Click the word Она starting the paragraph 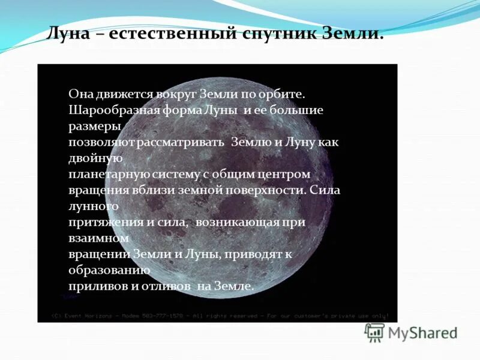(x=80, y=94)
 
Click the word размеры (x=95, y=127)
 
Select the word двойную (x=96, y=158)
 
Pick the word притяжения (x=101, y=222)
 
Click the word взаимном (x=98, y=238)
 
